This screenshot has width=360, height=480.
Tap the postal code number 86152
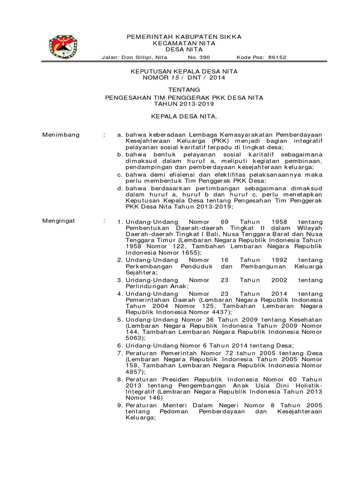point(277,57)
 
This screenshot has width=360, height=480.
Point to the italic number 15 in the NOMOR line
point(174,78)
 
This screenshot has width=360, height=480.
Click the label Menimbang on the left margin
point(61,135)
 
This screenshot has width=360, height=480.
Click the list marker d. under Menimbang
point(120,189)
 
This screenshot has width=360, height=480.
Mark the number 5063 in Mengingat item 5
point(134,337)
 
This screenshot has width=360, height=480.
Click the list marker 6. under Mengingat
point(120,345)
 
